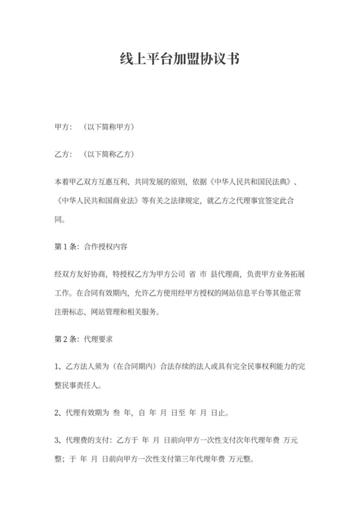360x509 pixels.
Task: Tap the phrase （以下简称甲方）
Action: point(107,127)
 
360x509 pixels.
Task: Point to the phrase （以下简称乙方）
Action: point(107,155)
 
